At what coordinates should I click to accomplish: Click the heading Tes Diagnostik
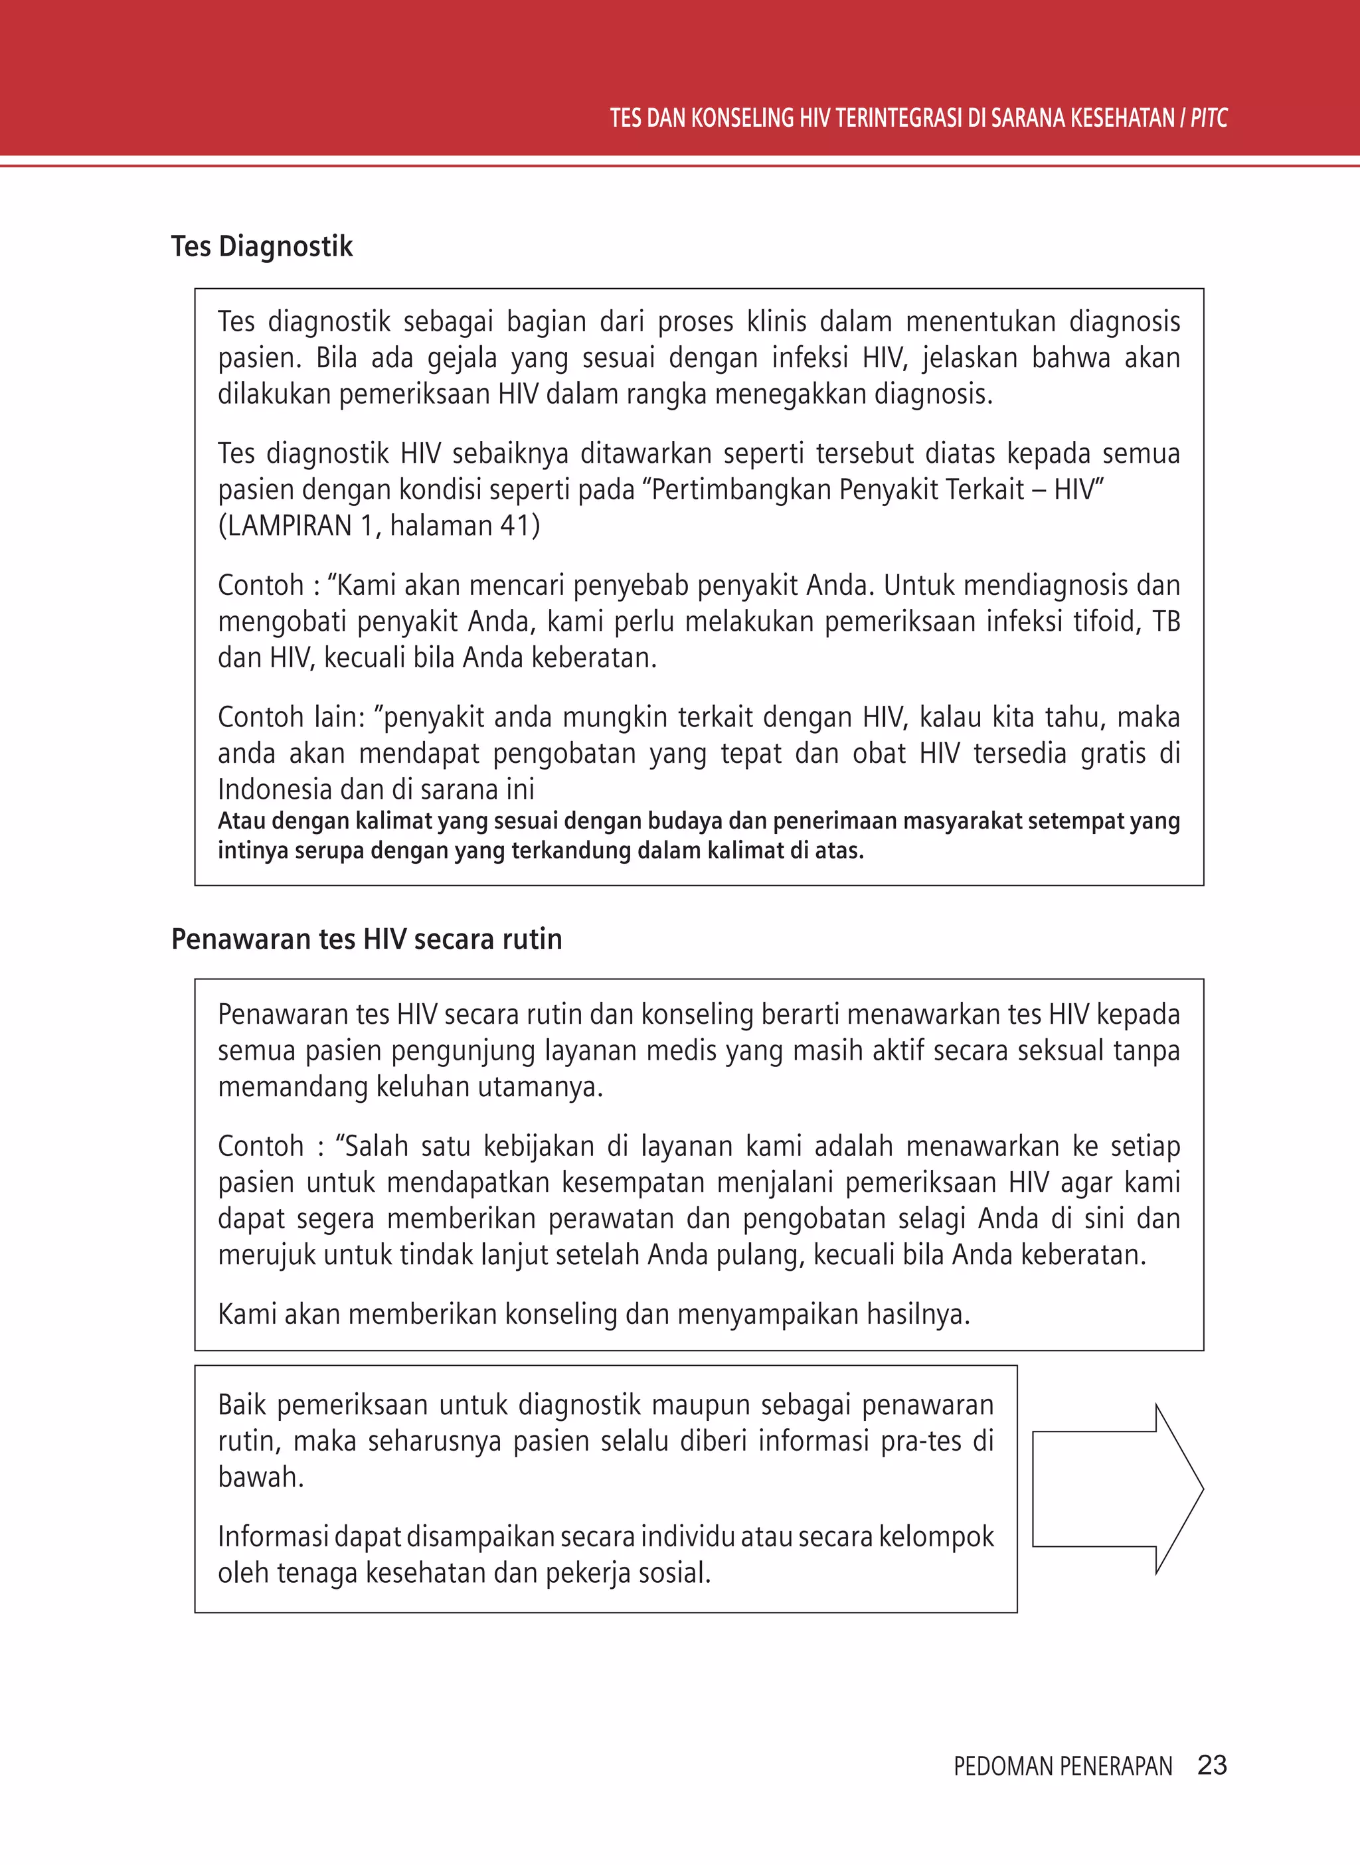click(x=262, y=246)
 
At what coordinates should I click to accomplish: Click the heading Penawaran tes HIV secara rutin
click(x=367, y=938)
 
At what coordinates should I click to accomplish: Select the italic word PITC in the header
click(x=1209, y=118)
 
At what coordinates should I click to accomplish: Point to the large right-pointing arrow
click(x=1117, y=1489)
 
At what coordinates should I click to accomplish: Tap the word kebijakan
click(x=539, y=1146)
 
